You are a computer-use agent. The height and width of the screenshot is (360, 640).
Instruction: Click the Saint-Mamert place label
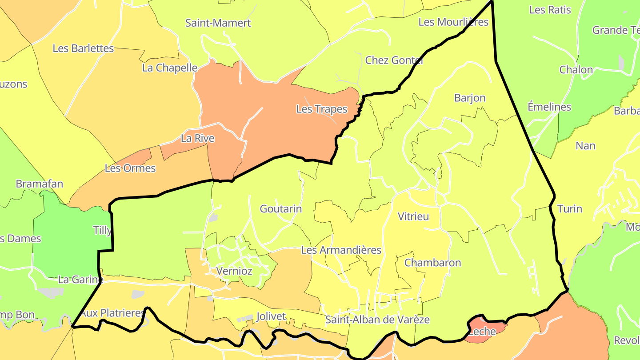tap(218, 23)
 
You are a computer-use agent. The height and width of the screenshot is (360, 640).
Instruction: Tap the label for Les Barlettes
tap(83, 48)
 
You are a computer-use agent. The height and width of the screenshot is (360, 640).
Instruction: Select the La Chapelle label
tap(170, 68)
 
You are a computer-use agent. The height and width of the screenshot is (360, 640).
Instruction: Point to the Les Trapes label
tap(321, 109)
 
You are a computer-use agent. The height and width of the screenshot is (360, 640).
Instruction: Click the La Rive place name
tap(197, 138)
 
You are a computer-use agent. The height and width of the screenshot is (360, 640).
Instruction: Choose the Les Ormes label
tap(130, 168)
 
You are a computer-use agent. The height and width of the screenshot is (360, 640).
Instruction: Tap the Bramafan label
tap(40, 184)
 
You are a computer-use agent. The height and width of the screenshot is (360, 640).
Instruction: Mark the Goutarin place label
tap(280, 208)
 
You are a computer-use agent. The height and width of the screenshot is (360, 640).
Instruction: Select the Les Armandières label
tap(341, 250)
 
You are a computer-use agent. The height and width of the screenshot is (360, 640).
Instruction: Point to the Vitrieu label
tap(413, 216)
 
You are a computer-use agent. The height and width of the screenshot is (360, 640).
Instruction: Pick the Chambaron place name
tap(432, 263)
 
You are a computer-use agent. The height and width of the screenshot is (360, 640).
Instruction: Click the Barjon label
tap(470, 98)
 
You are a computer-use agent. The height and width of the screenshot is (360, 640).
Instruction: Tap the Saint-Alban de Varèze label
tap(377, 319)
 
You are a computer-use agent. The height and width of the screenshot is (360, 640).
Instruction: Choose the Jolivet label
tap(271, 316)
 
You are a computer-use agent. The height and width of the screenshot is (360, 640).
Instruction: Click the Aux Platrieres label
tap(112, 313)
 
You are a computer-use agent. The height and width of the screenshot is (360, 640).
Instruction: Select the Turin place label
tap(569, 208)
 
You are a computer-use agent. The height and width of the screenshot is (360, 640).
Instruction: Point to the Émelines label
tap(549, 107)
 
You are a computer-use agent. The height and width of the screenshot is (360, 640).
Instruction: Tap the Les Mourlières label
tap(453, 22)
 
